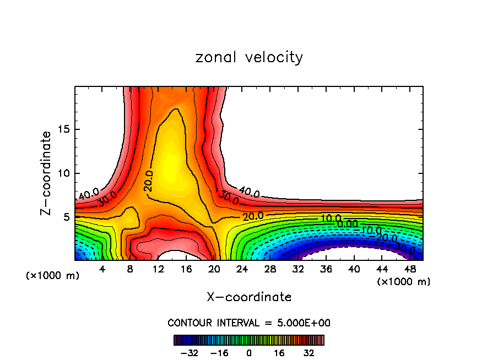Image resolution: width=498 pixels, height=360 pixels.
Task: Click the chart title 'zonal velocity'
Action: pos(249,57)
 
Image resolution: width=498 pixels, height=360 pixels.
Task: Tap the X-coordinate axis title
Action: pos(249,297)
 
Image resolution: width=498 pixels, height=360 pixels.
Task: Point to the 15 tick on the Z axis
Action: pos(65,130)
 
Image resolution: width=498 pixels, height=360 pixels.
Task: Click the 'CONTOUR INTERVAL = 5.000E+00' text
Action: pos(249,323)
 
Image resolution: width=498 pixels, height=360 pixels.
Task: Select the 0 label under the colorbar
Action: pos(249,352)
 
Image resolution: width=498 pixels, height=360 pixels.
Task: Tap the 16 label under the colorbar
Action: pos(279,352)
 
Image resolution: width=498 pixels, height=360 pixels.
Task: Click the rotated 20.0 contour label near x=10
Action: pos(148,181)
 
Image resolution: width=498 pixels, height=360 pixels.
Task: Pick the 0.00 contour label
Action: pos(348,223)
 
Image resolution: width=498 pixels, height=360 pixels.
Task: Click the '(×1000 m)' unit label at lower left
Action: pos(53,276)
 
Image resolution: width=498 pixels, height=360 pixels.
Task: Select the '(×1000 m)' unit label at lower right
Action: pos(404,282)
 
